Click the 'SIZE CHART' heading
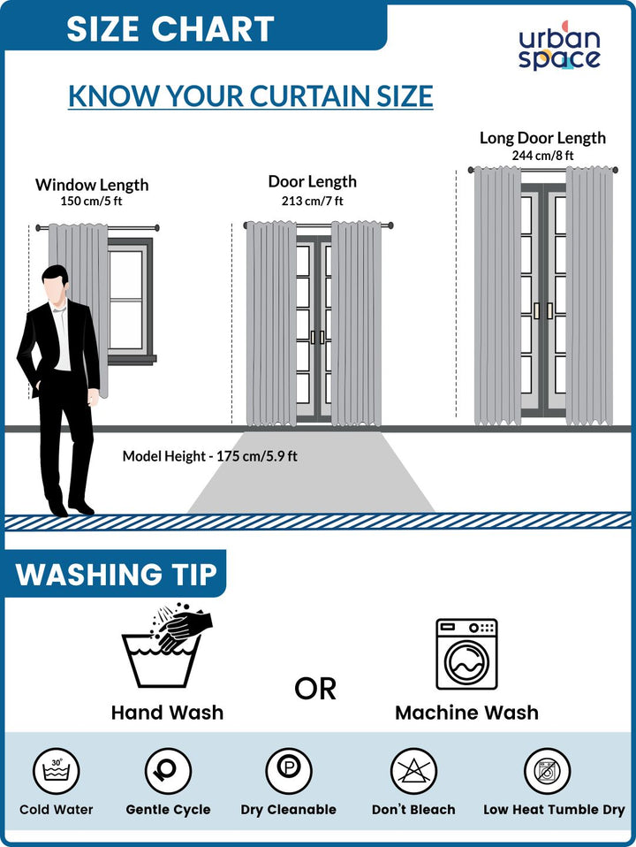click(x=170, y=28)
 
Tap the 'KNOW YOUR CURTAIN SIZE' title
click(x=251, y=96)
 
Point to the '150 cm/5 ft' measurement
click(x=91, y=201)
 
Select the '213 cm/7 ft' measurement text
click(x=312, y=201)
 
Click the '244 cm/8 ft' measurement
click(x=542, y=156)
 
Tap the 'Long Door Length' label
click(x=542, y=138)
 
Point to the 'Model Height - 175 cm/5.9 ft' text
click(x=209, y=456)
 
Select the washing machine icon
click(x=466, y=654)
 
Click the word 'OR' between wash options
click(x=315, y=689)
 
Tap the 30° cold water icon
click(x=57, y=771)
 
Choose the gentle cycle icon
click(x=168, y=771)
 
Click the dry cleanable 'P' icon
click(x=289, y=771)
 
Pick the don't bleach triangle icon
click(x=413, y=771)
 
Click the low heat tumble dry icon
click(x=548, y=771)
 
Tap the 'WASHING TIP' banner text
click(x=116, y=574)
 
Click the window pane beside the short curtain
click(x=125, y=299)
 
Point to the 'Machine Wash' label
click(x=466, y=713)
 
